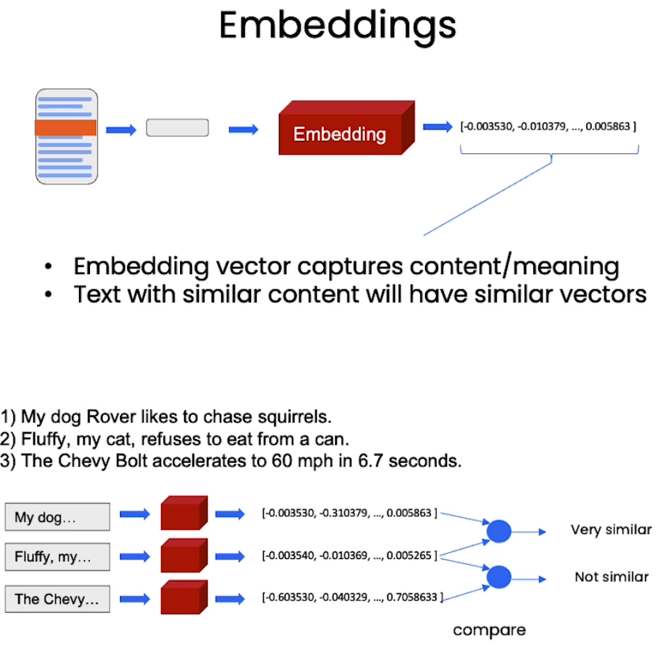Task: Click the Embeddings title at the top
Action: pyautogui.click(x=338, y=25)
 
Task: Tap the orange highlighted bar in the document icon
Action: pyautogui.click(x=66, y=128)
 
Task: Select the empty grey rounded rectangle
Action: pyautogui.click(x=177, y=128)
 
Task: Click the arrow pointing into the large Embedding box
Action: pyautogui.click(x=244, y=129)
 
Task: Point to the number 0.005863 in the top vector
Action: pyautogui.click(x=608, y=127)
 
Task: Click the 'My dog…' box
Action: pyautogui.click(x=57, y=518)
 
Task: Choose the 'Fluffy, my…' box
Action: pyautogui.click(x=57, y=557)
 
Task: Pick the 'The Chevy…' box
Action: pyautogui.click(x=57, y=599)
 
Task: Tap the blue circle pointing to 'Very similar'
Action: pyautogui.click(x=499, y=531)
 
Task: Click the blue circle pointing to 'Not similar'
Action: pyautogui.click(x=499, y=577)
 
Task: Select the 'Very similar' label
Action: pyautogui.click(x=611, y=530)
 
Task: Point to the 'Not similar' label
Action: pyautogui.click(x=612, y=577)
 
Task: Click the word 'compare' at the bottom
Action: pyautogui.click(x=489, y=630)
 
